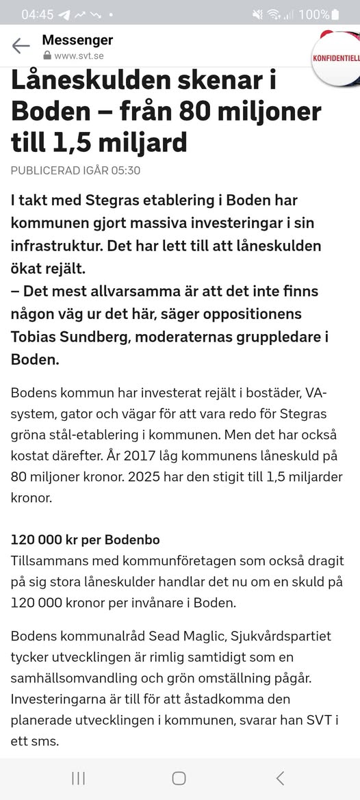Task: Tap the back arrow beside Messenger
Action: (21, 46)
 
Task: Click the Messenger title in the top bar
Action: (77, 40)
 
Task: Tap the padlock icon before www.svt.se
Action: (47, 55)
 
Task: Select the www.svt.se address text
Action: (79, 55)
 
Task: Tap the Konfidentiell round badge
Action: (337, 57)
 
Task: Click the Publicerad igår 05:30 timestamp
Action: (75, 170)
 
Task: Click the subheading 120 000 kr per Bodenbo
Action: (85, 540)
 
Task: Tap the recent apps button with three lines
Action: (78, 777)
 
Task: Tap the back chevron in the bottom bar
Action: (279, 777)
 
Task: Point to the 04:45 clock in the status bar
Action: (37, 14)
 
